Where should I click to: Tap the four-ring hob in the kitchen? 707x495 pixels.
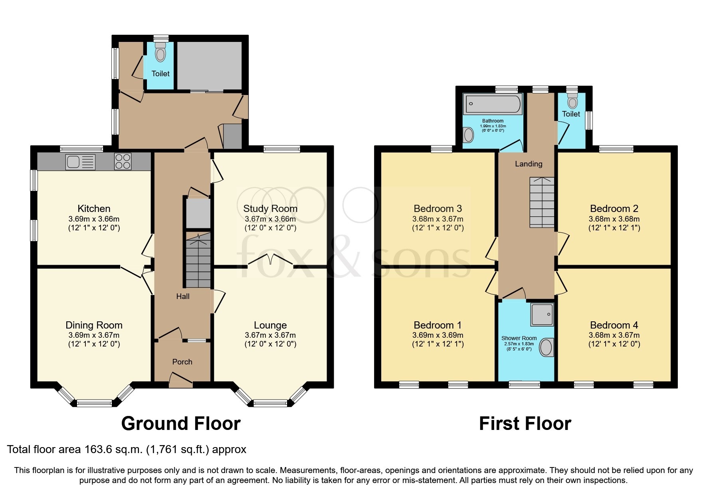pyautogui.click(x=123, y=162)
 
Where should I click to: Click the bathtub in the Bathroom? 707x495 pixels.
pyautogui.click(x=493, y=104)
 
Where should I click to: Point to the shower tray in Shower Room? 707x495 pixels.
pyautogui.click(x=542, y=314)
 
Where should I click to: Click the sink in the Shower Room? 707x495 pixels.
pyautogui.click(x=546, y=348)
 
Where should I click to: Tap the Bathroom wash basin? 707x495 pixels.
pyautogui.click(x=469, y=135)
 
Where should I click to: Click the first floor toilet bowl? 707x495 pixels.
pyautogui.click(x=572, y=102)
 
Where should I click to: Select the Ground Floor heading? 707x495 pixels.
pyautogui.click(x=181, y=424)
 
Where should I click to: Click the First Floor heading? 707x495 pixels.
pyautogui.click(x=525, y=424)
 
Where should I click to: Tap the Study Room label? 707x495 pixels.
pyautogui.click(x=270, y=208)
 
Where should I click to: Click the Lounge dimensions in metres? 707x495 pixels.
pyautogui.click(x=270, y=335)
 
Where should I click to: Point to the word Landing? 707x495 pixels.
pyautogui.click(x=529, y=164)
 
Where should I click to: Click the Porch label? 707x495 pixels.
pyautogui.click(x=182, y=362)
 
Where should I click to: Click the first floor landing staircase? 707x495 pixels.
pyautogui.click(x=542, y=202)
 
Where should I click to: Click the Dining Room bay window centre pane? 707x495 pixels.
pyautogui.click(x=94, y=403)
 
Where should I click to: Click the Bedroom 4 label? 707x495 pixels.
pyautogui.click(x=614, y=325)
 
